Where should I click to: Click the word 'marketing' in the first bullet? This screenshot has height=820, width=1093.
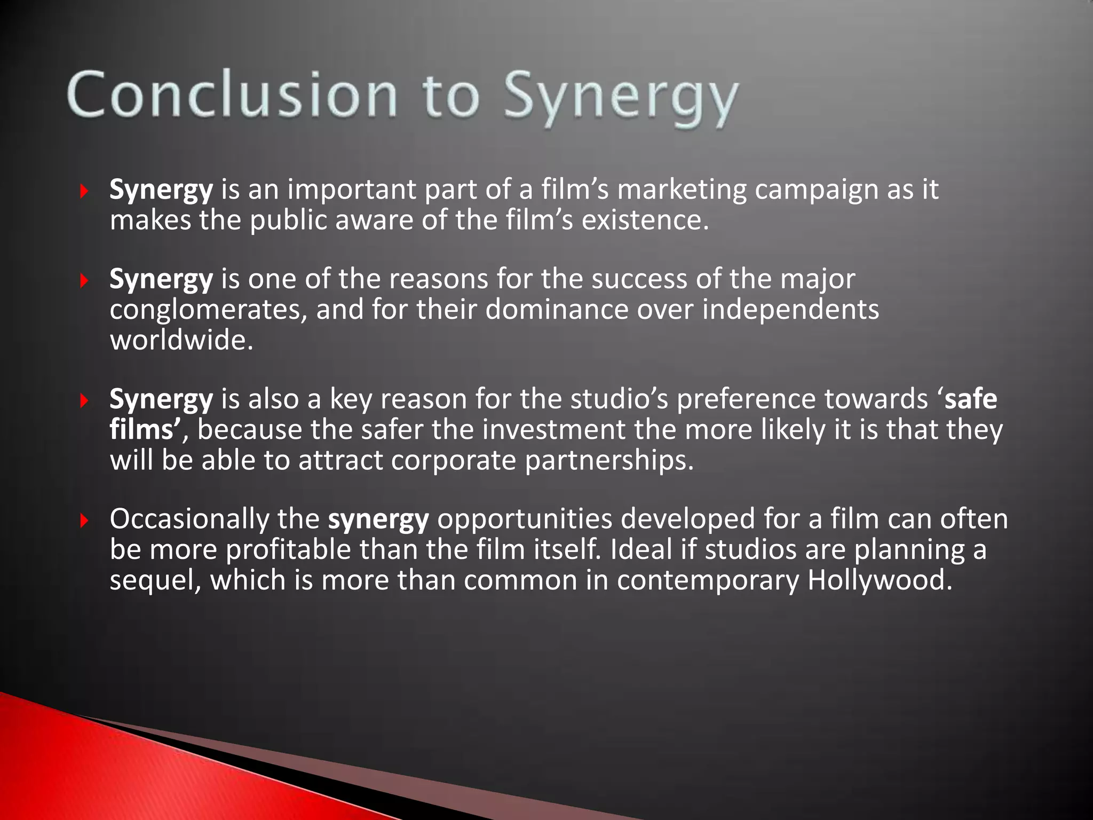click(x=681, y=191)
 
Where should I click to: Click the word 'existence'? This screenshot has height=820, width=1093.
click(x=640, y=220)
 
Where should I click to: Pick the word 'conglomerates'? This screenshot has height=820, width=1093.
click(x=205, y=310)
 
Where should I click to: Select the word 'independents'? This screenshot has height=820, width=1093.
click(x=790, y=310)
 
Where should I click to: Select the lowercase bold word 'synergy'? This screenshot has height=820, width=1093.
click(x=378, y=519)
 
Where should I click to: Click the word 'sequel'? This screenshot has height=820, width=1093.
click(x=152, y=580)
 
